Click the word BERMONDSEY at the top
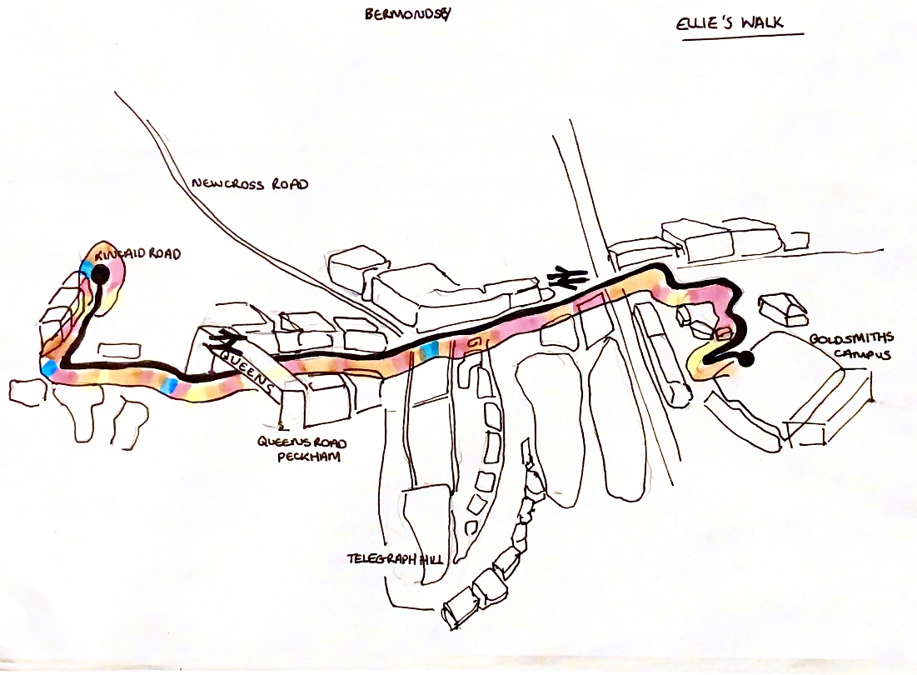pyautogui.click(x=401, y=15)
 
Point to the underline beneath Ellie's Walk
pyautogui.click(x=742, y=36)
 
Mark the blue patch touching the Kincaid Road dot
pyautogui.click(x=87, y=267)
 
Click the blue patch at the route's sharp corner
pyautogui.click(x=48, y=367)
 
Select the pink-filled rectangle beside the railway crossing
pyautogui.click(x=593, y=302)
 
